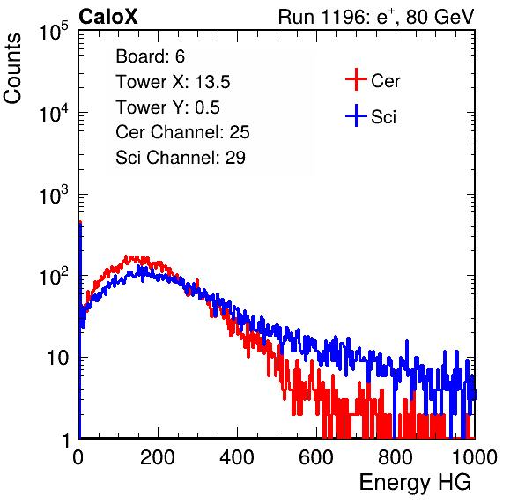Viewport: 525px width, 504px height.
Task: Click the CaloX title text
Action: pyautogui.click(x=107, y=17)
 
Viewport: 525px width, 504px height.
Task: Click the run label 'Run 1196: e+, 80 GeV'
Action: pyautogui.click(x=376, y=17)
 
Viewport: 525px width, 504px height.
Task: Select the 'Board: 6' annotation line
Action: pyautogui.click(x=150, y=56)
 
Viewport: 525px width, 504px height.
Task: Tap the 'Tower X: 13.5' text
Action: pyautogui.click(x=173, y=82)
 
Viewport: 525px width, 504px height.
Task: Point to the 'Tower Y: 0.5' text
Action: pyautogui.click(x=167, y=107)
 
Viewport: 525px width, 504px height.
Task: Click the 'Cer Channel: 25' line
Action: pyautogui.click(x=182, y=132)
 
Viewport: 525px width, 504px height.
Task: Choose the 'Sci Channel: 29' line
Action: pyautogui.click(x=181, y=158)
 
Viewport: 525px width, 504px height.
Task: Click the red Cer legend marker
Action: pyautogui.click(x=356, y=79)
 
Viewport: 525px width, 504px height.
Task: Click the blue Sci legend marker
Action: pyautogui.click(x=356, y=115)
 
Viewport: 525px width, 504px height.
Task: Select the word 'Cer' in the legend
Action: pyautogui.click(x=385, y=81)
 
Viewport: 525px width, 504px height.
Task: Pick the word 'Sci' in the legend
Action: pyautogui.click(x=383, y=117)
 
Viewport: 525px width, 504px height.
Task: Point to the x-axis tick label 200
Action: pyautogui.click(x=158, y=457)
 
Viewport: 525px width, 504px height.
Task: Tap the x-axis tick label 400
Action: pyautogui.click(x=237, y=457)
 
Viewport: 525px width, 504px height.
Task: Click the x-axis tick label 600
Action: pyautogui.click(x=316, y=457)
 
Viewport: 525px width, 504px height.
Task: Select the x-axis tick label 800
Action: pyautogui.click(x=396, y=457)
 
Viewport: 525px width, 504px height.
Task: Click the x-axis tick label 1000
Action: pyautogui.click(x=475, y=457)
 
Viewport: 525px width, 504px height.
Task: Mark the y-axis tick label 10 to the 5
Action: pyautogui.click(x=54, y=32)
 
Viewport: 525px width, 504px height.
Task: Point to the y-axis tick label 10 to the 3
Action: pyautogui.click(x=54, y=195)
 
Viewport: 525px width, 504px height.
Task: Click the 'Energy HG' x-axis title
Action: pyautogui.click(x=415, y=483)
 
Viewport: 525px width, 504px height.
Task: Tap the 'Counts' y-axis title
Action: pyautogui.click(x=12, y=69)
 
